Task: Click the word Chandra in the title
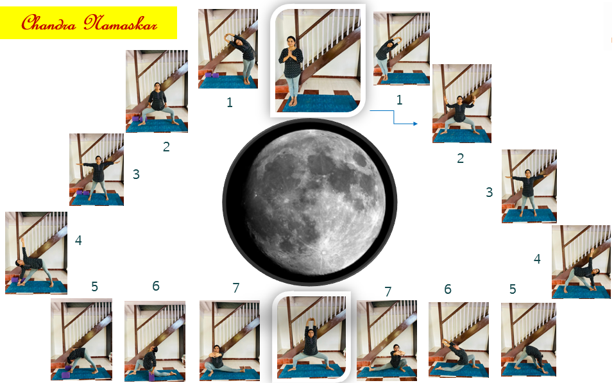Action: [x=49, y=22]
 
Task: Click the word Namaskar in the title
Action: [x=120, y=22]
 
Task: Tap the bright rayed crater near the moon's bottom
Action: [x=323, y=252]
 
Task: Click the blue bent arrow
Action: [x=393, y=117]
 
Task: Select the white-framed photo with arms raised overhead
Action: [x=311, y=336]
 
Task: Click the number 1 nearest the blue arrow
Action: [x=399, y=100]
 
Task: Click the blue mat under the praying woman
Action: [x=319, y=103]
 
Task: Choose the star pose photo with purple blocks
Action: [x=97, y=169]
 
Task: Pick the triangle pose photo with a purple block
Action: [x=36, y=253]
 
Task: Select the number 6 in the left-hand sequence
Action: [x=156, y=286]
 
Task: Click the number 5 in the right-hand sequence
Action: [x=513, y=289]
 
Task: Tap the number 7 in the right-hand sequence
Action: [x=388, y=291]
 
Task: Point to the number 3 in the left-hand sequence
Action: [x=136, y=174]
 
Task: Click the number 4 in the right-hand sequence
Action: [x=537, y=259]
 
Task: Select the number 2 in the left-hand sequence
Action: [x=166, y=146]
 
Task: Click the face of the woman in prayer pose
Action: [x=291, y=41]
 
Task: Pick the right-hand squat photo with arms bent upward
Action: [x=462, y=103]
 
